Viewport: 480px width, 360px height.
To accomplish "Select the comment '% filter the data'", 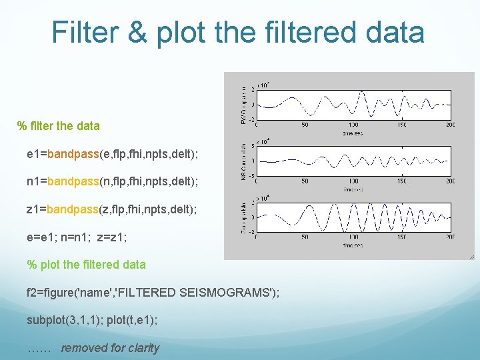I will [x=59, y=126].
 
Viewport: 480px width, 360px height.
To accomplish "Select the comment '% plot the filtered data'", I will [x=86, y=265].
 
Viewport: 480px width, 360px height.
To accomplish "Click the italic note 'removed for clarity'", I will [x=110, y=348].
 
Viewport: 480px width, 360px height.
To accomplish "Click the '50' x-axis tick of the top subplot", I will [x=305, y=124].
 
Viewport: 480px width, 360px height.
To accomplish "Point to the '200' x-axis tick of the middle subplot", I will [x=450, y=180].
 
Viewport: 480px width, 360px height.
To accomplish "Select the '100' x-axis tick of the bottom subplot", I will [x=353, y=236].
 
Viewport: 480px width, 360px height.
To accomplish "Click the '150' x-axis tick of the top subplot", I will [x=402, y=124].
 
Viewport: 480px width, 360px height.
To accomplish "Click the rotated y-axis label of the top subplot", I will [x=243, y=104].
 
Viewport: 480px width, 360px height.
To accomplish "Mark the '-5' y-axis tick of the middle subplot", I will [x=251, y=175].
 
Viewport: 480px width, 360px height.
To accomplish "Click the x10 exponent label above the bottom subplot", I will [x=263, y=199].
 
